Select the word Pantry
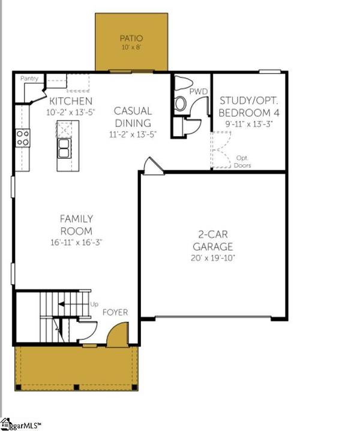click(x=29, y=79)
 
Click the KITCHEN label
click(x=71, y=101)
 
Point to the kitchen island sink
click(x=64, y=147)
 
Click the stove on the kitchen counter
click(x=23, y=138)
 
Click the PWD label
click(x=198, y=92)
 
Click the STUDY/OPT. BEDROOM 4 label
click(x=249, y=107)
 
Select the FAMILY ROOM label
click(x=76, y=225)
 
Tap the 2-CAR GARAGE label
click(x=212, y=240)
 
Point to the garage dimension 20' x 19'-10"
click(x=212, y=258)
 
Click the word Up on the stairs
click(x=93, y=305)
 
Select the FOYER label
click(x=114, y=313)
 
